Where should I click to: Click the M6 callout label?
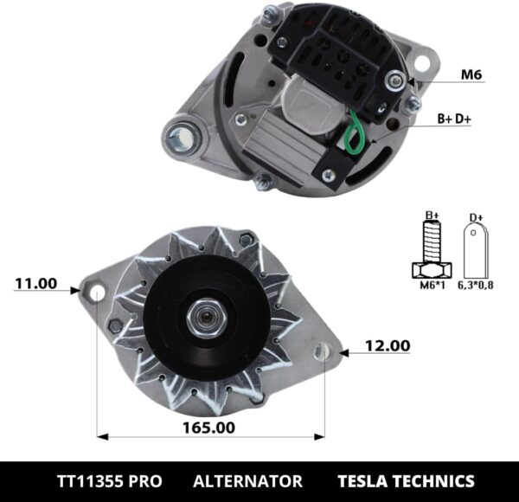pos(471,74)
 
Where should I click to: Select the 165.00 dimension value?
pos(208,428)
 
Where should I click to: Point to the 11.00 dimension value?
pos(36,283)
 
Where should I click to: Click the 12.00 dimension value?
pos(387,345)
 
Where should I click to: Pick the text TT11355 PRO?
pos(102,480)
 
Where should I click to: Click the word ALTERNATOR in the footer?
pos(247,480)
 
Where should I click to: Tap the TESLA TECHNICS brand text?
pos(407,480)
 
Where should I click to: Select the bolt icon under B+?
pos(431,249)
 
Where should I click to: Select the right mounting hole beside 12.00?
pos(324,352)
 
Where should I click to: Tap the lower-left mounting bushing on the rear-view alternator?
pos(187,136)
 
